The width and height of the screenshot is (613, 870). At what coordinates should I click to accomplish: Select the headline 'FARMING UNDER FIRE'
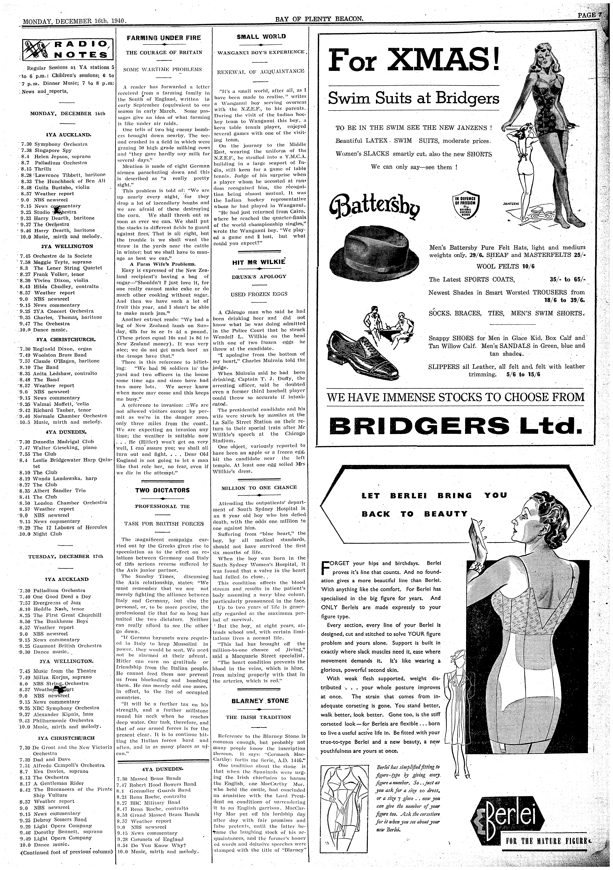pos(163,38)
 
